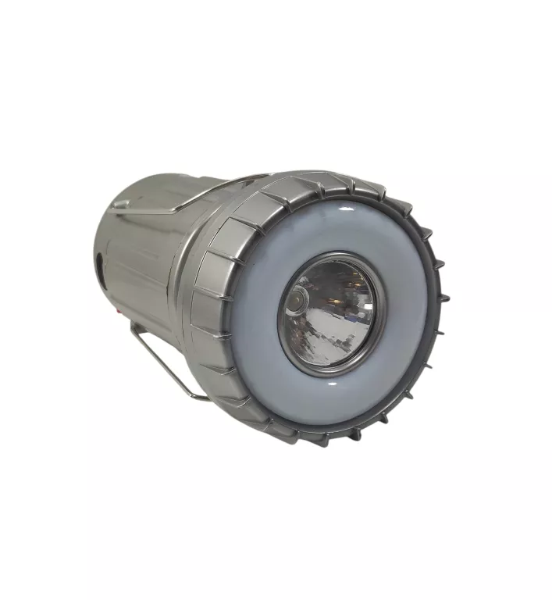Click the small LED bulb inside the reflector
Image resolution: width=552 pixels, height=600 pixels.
pos(298,299)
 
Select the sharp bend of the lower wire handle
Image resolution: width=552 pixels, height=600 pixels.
pos(134,328)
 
